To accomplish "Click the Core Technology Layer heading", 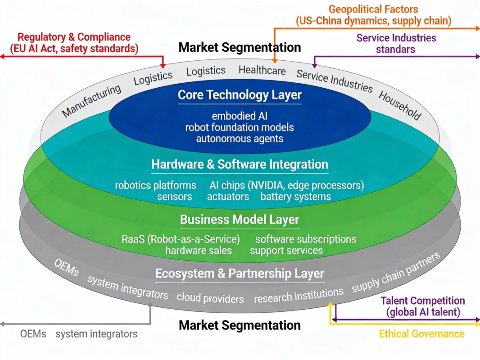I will pos(240,95).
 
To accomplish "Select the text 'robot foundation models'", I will pos(240,127).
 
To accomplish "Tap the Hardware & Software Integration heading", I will pos(240,164).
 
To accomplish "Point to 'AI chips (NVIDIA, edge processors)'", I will pos(286,185).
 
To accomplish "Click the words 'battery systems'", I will pos(295,197).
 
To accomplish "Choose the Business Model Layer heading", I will pos(240,220).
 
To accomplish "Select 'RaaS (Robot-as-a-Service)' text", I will pos(181,239).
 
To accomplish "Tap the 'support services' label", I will pos(286,250).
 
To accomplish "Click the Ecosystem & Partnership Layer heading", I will pos(240,273).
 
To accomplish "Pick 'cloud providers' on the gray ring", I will pos(210,298).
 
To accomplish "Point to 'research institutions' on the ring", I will pos(299,296).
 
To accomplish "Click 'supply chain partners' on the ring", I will pos(395,273).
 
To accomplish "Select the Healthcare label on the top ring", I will pos(262,70).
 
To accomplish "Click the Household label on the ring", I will pos(400,105).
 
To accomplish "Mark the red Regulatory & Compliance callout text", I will pos(74,42).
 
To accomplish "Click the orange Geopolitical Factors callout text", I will pos(373,15).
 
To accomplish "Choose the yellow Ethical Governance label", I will pos(421,334).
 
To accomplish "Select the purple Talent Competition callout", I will pos(422,306).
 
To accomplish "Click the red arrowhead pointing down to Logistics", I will pos(163,66).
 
